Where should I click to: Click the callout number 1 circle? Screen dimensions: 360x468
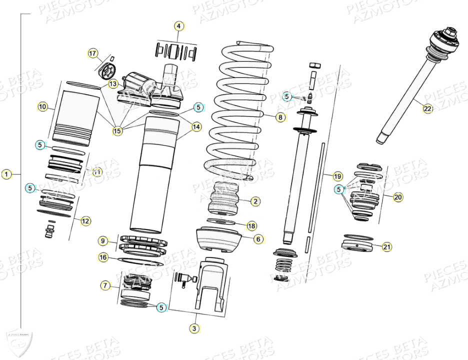6,174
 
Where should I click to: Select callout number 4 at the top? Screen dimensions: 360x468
179,26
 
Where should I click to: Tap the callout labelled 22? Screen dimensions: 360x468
427,109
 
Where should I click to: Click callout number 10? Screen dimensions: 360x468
42,106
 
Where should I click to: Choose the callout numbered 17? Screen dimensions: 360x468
92,53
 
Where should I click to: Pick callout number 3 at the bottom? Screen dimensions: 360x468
194,328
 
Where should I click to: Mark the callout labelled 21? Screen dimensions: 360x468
387,246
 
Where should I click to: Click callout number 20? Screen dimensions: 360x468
397,197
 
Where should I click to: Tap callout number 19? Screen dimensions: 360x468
337,176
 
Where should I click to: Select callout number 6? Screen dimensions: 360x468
258,239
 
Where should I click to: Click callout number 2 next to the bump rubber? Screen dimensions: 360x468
255,201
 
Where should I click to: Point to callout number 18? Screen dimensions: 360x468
251,225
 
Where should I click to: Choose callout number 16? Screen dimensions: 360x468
103,257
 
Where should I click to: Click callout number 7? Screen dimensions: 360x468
105,285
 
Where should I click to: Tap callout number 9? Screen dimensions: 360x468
102,241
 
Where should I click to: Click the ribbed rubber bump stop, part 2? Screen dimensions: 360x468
224,199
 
